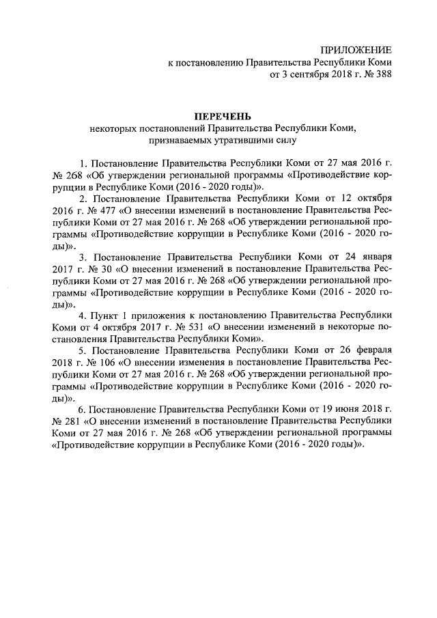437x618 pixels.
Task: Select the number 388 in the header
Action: (382, 75)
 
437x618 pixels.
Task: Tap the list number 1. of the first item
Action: (84, 164)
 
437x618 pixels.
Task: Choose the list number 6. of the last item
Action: (83, 408)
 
